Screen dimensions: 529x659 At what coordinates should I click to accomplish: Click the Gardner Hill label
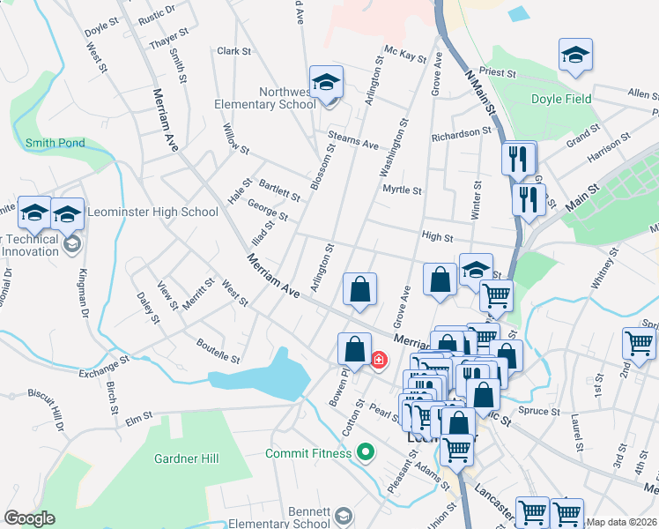pyautogui.click(x=186, y=458)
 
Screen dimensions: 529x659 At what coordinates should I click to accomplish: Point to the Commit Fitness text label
pyautogui.click(x=308, y=454)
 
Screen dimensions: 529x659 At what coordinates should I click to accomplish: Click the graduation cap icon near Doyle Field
pyautogui.click(x=575, y=56)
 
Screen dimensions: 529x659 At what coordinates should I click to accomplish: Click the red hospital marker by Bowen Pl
pyautogui.click(x=380, y=360)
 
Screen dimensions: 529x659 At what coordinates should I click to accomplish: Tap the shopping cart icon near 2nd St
pyautogui.click(x=639, y=344)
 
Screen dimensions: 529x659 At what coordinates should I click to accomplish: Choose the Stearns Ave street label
pyautogui.click(x=352, y=138)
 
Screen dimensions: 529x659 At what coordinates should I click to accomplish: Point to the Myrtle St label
pyautogui.click(x=402, y=190)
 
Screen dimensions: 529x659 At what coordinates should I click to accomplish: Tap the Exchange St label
pyautogui.click(x=104, y=367)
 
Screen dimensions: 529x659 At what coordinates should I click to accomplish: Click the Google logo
pyautogui.click(x=29, y=518)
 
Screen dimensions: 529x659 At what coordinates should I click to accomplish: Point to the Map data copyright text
pyautogui.click(x=621, y=522)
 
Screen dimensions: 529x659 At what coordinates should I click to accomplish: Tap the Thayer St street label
pyautogui.click(x=169, y=39)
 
